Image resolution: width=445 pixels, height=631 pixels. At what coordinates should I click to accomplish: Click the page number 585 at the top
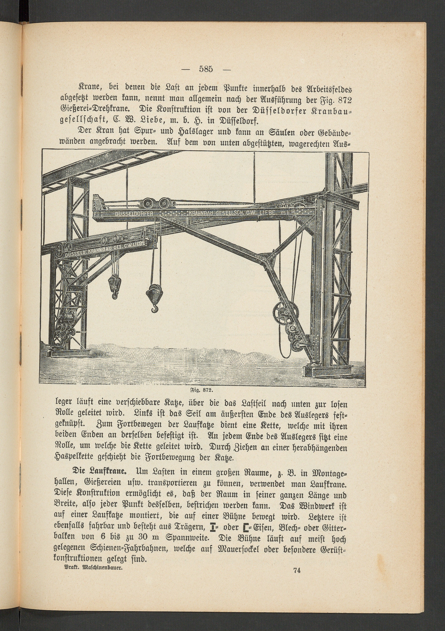point(206,69)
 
